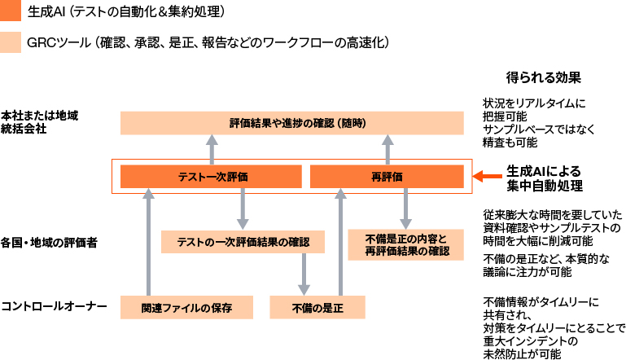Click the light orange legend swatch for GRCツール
click(x=11, y=41)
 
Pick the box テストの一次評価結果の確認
click(x=242, y=242)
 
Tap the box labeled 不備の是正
click(x=317, y=307)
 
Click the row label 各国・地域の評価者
click(x=49, y=242)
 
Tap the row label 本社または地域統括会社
click(x=40, y=121)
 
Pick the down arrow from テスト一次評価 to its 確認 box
click(x=242, y=209)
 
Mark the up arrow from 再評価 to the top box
click(x=387, y=150)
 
